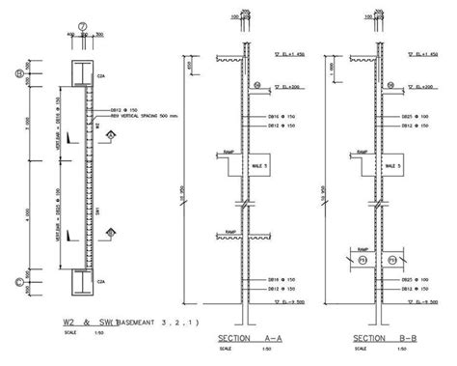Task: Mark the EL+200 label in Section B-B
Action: (x=416, y=87)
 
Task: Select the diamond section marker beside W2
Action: (x=113, y=137)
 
